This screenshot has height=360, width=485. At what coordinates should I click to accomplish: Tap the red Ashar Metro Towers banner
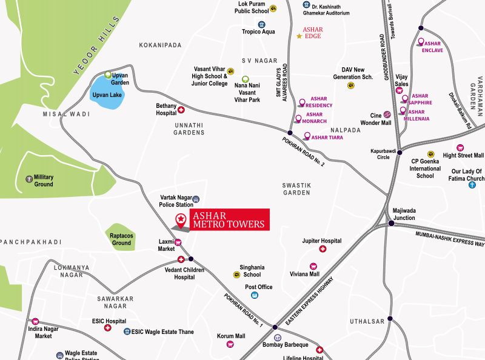click(227, 220)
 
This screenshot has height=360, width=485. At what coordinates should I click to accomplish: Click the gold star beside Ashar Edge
click(299, 36)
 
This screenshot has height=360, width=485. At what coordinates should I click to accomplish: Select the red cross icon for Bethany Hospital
click(181, 110)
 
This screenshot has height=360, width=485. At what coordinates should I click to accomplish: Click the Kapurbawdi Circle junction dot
click(400, 153)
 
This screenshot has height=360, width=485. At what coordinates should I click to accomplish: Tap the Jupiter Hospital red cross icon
click(323, 249)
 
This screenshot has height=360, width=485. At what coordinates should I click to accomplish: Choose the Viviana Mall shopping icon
click(313, 266)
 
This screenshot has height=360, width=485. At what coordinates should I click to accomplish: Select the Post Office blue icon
click(255, 295)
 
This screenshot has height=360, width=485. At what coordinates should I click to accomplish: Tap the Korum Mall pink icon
click(230, 344)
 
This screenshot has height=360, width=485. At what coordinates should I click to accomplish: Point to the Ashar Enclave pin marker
click(421, 42)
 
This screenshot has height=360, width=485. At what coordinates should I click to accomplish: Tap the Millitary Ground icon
click(28, 179)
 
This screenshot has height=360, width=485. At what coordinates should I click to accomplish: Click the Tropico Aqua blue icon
click(262, 24)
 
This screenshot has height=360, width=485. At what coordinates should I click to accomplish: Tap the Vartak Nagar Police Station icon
click(196, 199)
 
